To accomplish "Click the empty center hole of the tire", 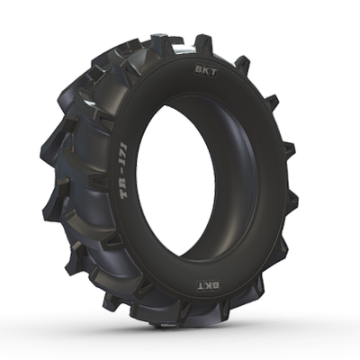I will point(193,180).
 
